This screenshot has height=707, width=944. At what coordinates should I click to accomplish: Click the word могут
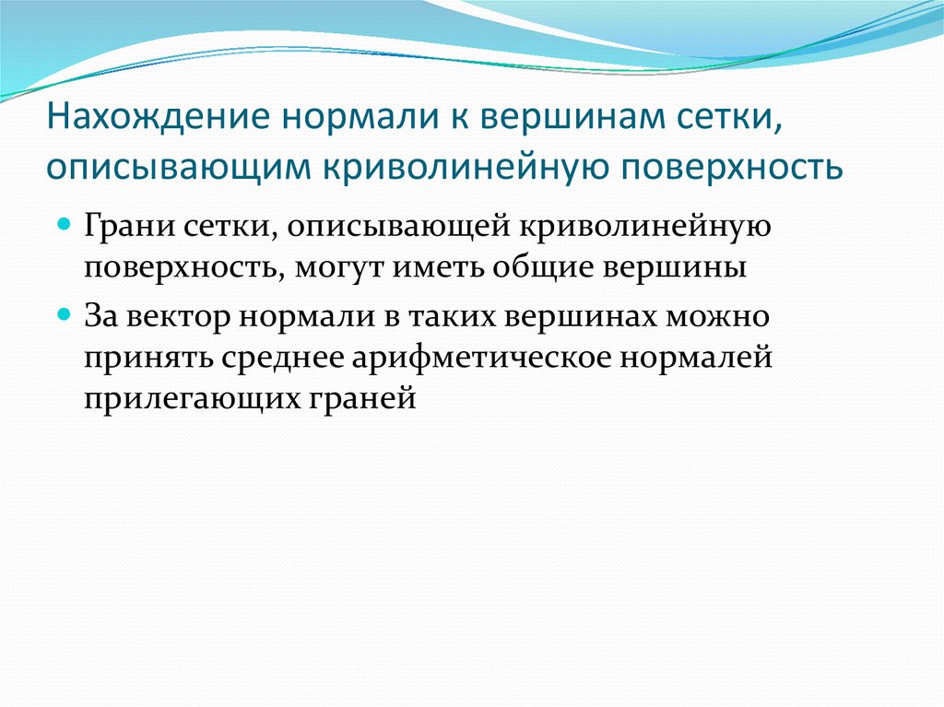point(336,268)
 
